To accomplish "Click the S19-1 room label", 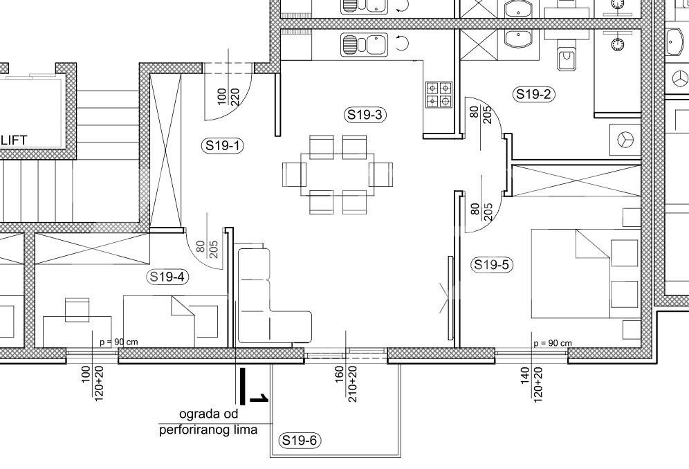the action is click(x=222, y=145).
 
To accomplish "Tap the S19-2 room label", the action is click(x=533, y=94).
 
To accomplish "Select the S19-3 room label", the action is click(x=365, y=115).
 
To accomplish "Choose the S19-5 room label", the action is click(x=492, y=265).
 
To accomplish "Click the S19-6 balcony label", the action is click(x=300, y=440).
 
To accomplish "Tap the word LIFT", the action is click(x=14, y=140).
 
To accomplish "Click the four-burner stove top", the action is click(x=439, y=95).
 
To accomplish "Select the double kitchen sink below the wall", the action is click(x=365, y=44).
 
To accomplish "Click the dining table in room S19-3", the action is click(x=338, y=174).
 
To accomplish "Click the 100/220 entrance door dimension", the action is click(x=228, y=97).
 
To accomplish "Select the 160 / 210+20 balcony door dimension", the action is click(x=347, y=384).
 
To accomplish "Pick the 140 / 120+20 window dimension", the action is click(x=532, y=383).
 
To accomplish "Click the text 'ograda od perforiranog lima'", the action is click(x=209, y=421).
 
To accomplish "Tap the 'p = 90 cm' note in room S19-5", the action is click(x=553, y=343).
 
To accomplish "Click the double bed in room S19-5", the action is click(x=585, y=273).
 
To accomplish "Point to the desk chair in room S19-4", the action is click(x=77, y=309).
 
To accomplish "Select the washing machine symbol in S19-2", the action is click(x=625, y=140).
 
